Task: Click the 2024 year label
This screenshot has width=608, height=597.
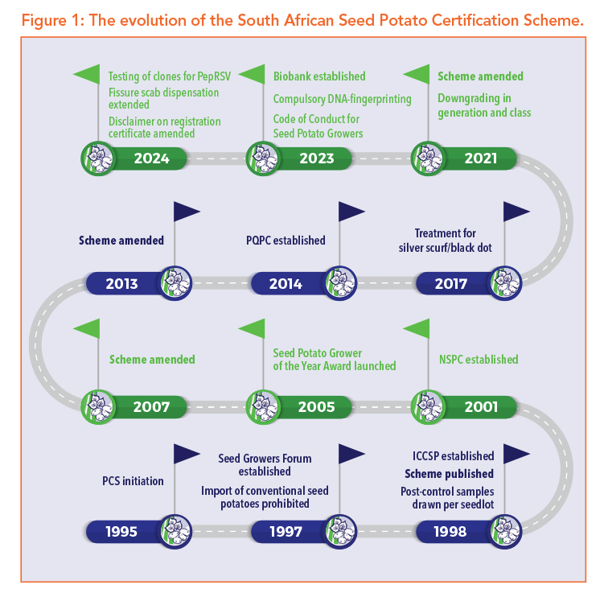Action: pyautogui.click(x=152, y=159)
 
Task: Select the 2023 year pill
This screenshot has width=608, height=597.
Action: pyautogui.click(x=316, y=159)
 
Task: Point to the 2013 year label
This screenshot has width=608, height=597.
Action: pyautogui.click(x=121, y=283)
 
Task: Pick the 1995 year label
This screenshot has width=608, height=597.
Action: pyautogui.click(x=121, y=531)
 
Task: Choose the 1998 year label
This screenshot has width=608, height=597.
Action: pyautogui.click(x=450, y=531)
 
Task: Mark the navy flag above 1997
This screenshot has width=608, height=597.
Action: pyautogui.click(x=351, y=454)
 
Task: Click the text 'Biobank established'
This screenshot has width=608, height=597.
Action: pyautogui.click(x=319, y=77)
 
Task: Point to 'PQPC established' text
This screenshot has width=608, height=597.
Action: pyautogui.click(x=286, y=240)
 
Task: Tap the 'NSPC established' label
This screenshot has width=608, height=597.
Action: pyautogui.click(x=478, y=360)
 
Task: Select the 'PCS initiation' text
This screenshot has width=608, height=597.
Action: pyautogui.click(x=133, y=481)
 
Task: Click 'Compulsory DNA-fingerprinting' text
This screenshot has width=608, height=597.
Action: pyautogui.click(x=342, y=99)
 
